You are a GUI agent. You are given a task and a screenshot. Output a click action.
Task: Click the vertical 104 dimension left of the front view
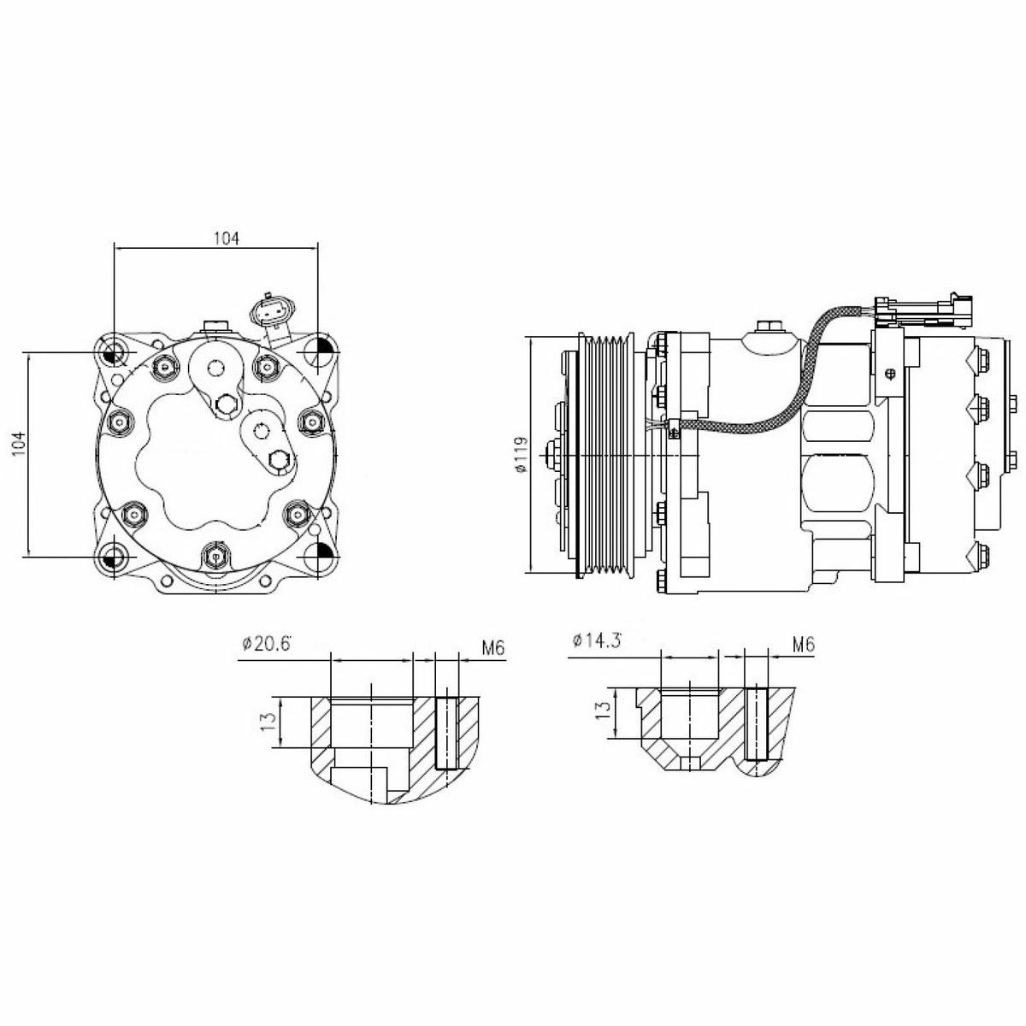[19, 444]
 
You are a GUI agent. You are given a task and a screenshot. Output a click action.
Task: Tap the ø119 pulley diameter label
[520, 454]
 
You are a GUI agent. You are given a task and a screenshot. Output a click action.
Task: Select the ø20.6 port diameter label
[266, 645]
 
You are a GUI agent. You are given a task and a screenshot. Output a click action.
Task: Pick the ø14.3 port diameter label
[597, 640]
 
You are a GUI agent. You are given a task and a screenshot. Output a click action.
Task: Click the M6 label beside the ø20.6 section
[493, 647]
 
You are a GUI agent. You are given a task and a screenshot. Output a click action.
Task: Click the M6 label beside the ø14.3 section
[804, 645]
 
